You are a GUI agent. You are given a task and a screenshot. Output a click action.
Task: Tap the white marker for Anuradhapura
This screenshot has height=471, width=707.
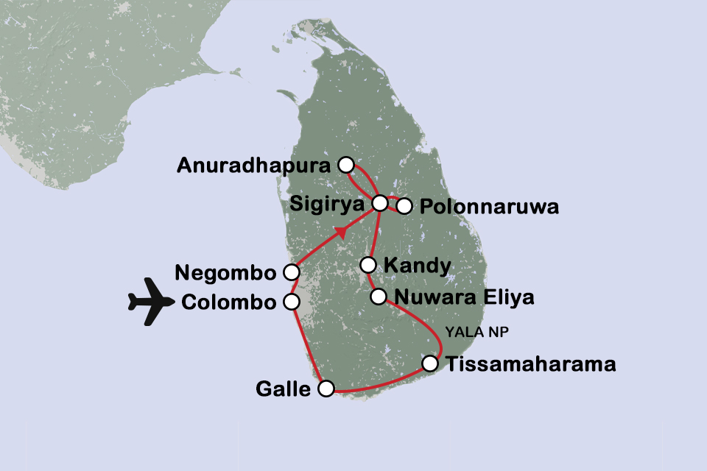(x=345, y=164)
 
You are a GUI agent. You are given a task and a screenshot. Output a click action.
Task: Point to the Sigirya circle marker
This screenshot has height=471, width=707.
(x=380, y=202)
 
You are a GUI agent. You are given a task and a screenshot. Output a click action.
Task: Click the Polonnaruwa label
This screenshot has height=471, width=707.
(x=489, y=207)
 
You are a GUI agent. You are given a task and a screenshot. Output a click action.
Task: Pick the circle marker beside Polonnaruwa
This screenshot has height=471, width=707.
(x=404, y=207)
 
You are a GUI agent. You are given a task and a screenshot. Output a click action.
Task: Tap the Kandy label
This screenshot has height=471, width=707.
(x=418, y=265)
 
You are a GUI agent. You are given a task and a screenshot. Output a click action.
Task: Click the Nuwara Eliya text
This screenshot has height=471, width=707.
(x=463, y=298)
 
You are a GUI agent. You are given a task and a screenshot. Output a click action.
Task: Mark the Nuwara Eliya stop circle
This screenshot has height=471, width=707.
(x=378, y=297)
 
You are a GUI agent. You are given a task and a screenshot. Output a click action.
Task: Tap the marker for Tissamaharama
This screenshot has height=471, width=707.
(x=430, y=363)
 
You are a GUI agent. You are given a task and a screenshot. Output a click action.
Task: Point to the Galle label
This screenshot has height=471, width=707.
(x=284, y=389)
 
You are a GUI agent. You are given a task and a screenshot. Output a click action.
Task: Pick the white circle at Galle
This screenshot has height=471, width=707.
(x=326, y=388)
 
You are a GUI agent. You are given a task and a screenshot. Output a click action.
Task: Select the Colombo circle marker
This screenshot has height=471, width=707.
(x=292, y=302)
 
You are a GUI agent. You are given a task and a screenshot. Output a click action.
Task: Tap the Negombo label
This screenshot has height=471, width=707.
(x=226, y=272)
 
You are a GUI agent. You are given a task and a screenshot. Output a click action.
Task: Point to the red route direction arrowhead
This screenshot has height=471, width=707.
(x=341, y=233)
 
